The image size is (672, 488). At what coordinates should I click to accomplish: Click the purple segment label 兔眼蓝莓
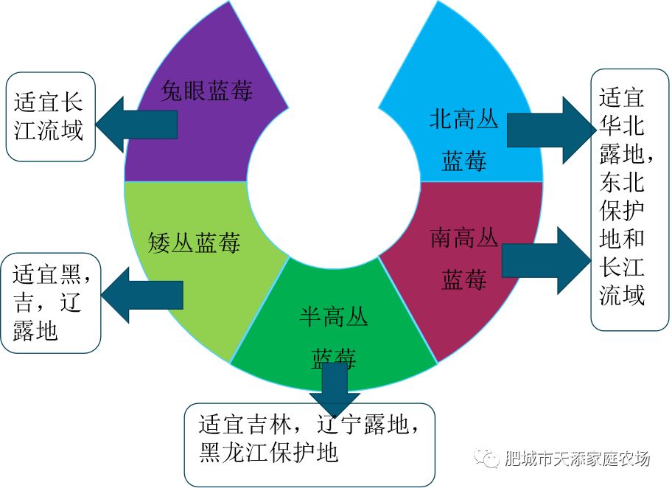tap(207, 91)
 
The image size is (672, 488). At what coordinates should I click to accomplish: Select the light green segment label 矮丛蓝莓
tap(195, 243)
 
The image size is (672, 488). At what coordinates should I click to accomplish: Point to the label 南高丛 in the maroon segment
tap(463, 239)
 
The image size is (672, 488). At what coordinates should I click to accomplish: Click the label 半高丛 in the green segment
tap(334, 318)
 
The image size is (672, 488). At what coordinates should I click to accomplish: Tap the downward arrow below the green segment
tap(335, 391)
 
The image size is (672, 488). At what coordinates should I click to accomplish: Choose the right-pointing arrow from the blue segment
tap(549, 130)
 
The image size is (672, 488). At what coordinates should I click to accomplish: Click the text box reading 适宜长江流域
tap(50, 116)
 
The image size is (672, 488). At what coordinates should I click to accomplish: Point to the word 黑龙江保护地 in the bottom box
tap(268, 451)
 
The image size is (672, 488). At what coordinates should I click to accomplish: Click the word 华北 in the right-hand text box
tap(622, 125)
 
